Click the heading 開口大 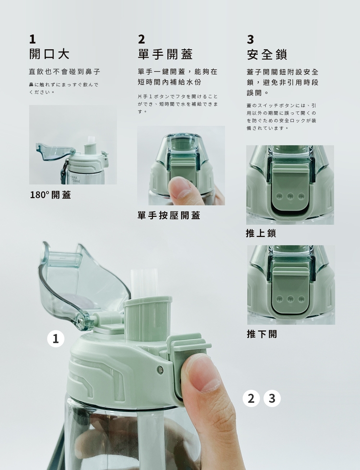click(x=49, y=54)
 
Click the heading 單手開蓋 click(x=165, y=54)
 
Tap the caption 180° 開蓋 click(x=50, y=195)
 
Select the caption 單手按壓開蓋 click(x=169, y=215)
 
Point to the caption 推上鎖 click(x=261, y=233)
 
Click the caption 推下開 click(x=262, y=334)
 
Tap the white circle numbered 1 click(x=56, y=339)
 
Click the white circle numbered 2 click(x=251, y=399)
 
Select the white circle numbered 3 click(x=272, y=399)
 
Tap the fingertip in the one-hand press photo click(x=180, y=188)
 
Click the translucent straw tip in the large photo click(x=144, y=283)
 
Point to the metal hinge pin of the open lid click(x=81, y=322)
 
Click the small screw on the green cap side click(x=161, y=370)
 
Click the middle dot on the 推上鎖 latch click(x=290, y=196)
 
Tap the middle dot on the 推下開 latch click(x=290, y=299)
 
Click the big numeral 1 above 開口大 click(x=33, y=39)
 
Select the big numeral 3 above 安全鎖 click(x=251, y=39)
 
